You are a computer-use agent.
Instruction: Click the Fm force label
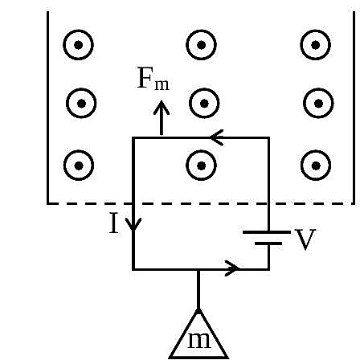[153, 79]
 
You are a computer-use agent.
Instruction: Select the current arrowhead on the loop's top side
[217, 137]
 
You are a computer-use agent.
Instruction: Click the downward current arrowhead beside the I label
[133, 223]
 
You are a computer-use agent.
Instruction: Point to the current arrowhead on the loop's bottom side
[232, 268]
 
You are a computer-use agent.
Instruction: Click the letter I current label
[114, 223]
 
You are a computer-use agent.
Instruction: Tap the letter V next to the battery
[305, 239]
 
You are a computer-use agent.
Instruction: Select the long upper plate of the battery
[266, 232]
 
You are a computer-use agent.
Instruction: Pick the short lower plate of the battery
[268, 243]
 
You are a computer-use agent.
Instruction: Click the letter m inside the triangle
[199, 341]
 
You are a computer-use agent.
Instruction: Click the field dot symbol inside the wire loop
[201, 166]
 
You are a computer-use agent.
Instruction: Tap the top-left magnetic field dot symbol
[78, 45]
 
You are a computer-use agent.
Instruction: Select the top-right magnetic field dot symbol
[315, 45]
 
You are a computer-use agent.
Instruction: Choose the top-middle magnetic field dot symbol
[201, 45]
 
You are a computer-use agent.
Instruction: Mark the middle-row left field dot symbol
[81, 103]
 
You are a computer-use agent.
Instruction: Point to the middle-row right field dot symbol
[318, 103]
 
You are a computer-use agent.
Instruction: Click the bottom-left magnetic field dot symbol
[79, 166]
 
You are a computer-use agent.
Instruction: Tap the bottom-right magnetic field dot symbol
[316, 166]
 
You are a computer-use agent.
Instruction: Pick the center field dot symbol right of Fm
[204, 103]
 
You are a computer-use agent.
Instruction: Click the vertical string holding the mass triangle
[198, 290]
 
